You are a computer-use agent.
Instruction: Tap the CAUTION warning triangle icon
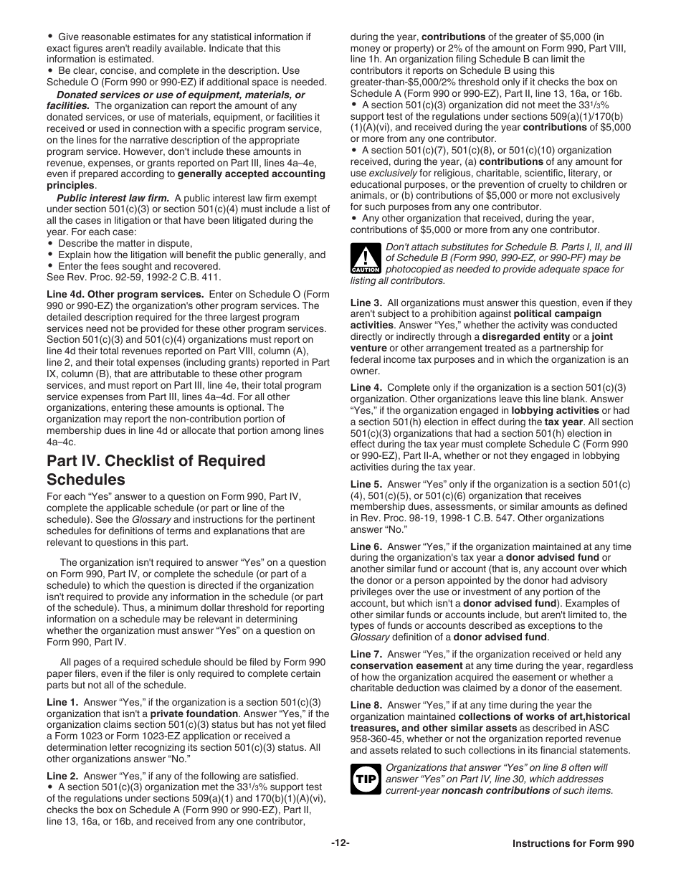click(365, 258)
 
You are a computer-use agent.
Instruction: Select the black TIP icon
click(365, 779)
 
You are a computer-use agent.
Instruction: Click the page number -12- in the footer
click(340, 844)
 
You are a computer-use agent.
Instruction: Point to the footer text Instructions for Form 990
click(573, 844)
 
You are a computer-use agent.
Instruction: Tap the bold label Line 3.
click(366, 303)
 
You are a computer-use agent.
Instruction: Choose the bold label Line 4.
click(366, 387)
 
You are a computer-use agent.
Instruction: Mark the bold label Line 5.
click(366, 484)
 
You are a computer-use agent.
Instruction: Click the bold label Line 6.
click(366, 546)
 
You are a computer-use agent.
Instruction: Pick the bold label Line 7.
click(366, 654)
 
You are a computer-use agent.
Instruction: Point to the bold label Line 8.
click(366, 705)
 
